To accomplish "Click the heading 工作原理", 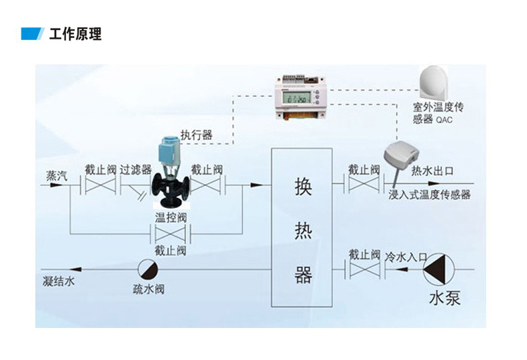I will coord(75,34).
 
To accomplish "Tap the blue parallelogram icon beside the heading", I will coord(32,34).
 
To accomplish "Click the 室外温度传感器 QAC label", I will coord(436,113).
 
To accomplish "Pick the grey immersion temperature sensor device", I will coord(398,155).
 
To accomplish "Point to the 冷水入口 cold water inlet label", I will coord(406,256).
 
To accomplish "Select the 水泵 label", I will coord(444,298).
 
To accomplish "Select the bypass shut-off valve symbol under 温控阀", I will coord(170,234).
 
